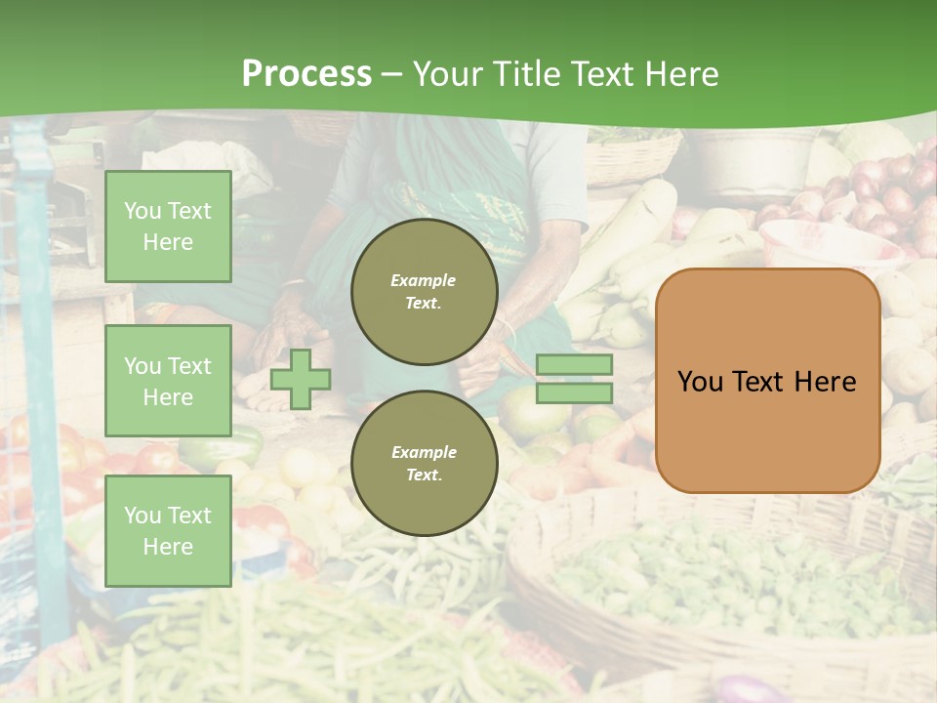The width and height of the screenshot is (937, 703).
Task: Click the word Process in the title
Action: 306,74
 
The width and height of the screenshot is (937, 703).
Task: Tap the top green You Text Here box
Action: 168,227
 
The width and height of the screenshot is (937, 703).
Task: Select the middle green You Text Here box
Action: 168,381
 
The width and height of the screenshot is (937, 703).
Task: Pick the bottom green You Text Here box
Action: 168,530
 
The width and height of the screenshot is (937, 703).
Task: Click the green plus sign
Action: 301,379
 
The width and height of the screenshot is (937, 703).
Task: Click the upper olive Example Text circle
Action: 425,292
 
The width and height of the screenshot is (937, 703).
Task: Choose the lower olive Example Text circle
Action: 425,464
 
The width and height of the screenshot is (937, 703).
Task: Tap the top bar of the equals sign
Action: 575,365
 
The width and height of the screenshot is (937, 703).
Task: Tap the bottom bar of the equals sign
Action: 575,393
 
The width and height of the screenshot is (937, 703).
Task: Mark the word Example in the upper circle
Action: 424,280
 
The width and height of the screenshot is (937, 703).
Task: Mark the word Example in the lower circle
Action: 424,452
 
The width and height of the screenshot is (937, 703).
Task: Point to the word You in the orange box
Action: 700,382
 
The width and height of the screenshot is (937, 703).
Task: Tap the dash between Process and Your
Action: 392,74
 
